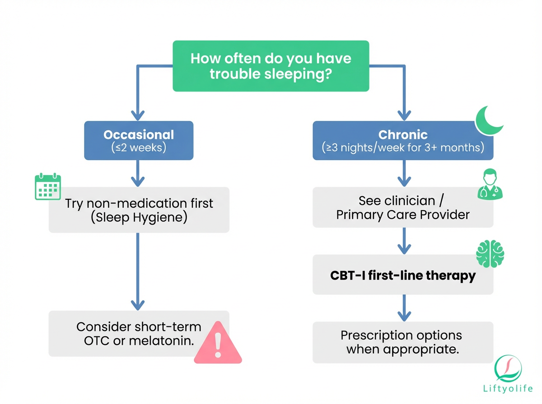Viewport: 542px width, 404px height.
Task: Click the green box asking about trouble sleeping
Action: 271,66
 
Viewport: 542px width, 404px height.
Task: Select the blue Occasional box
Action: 139,140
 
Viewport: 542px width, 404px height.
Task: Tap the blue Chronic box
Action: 403,140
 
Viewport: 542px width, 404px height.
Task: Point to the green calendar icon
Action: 48,187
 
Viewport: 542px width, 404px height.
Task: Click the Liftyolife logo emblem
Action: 509,368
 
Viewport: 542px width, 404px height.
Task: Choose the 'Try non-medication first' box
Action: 139,210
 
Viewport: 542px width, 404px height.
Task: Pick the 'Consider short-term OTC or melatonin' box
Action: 139,333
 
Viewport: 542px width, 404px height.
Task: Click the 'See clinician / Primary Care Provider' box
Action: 403,207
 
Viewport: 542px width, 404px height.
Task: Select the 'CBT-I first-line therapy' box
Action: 403,275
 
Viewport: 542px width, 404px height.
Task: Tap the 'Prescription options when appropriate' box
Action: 403,342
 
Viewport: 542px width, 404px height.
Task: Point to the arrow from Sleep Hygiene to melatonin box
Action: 137,271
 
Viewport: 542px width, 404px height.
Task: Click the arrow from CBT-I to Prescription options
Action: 403,308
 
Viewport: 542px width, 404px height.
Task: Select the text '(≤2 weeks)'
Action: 139,147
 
